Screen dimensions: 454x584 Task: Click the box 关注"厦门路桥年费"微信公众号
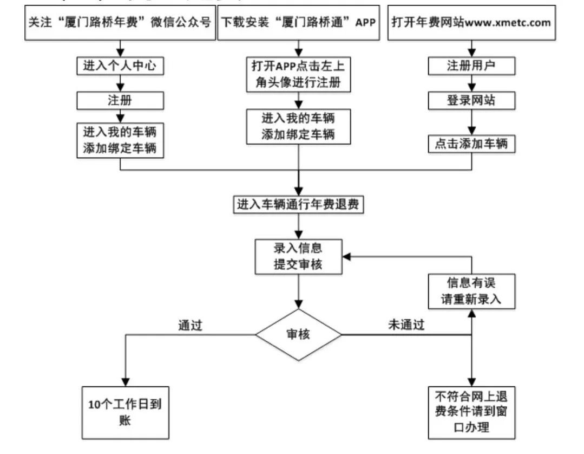click(120, 23)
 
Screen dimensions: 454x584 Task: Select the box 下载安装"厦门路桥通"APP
click(298, 23)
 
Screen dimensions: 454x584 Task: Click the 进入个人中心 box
click(120, 66)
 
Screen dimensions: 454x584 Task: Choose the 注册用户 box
click(471, 66)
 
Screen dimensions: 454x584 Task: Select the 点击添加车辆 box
click(471, 144)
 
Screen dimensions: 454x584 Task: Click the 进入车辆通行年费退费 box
click(298, 204)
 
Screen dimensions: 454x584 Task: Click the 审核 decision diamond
click(298, 335)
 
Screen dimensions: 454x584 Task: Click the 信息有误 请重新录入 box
click(471, 291)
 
